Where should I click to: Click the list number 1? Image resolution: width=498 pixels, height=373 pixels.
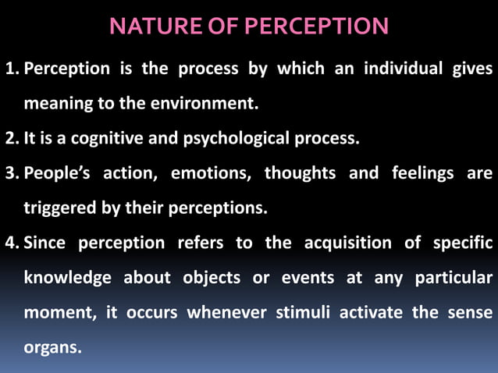click(x=11, y=68)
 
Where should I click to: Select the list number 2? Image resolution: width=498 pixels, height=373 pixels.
click(x=11, y=139)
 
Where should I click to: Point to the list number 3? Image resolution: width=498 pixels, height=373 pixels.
click(x=11, y=173)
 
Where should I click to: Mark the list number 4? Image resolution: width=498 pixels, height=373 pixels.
click(x=11, y=243)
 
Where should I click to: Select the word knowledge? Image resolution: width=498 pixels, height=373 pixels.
click(x=68, y=278)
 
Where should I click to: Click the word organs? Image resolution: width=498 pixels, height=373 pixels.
click(x=52, y=347)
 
